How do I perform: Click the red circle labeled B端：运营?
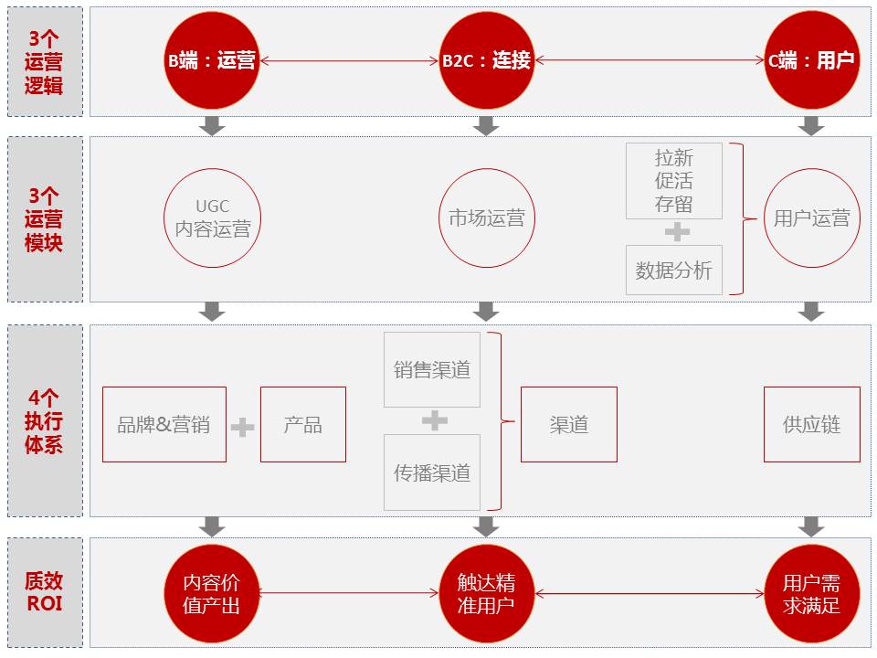pyautogui.click(x=212, y=61)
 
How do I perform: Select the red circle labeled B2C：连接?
pyautogui.click(x=486, y=61)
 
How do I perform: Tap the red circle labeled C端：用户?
pyautogui.click(x=811, y=61)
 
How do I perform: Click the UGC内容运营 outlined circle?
pyautogui.click(x=212, y=218)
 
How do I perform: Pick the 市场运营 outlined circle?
pyautogui.click(x=486, y=218)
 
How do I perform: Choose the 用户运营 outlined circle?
pyautogui.click(x=811, y=218)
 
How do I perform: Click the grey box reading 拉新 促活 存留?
pyautogui.click(x=674, y=180)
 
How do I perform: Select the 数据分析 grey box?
pyautogui.click(x=674, y=270)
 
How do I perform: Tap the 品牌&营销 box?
pyautogui.click(x=164, y=424)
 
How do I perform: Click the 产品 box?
pyautogui.click(x=303, y=424)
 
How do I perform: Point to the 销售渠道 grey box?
pyautogui.click(x=432, y=370)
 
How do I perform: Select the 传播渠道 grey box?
pyautogui.click(x=432, y=472)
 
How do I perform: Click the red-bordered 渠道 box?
pyautogui.click(x=569, y=424)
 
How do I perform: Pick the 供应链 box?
pyautogui.click(x=811, y=424)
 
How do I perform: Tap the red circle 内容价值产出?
pyautogui.click(x=212, y=593)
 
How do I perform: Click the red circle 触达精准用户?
pyautogui.click(x=486, y=593)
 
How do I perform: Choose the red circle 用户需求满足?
pyautogui.click(x=811, y=593)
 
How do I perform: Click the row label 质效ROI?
pyautogui.click(x=45, y=592)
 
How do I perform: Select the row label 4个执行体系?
pyautogui.click(x=45, y=421)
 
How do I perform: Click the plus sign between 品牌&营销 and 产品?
pyautogui.click(x=242, y=427)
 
